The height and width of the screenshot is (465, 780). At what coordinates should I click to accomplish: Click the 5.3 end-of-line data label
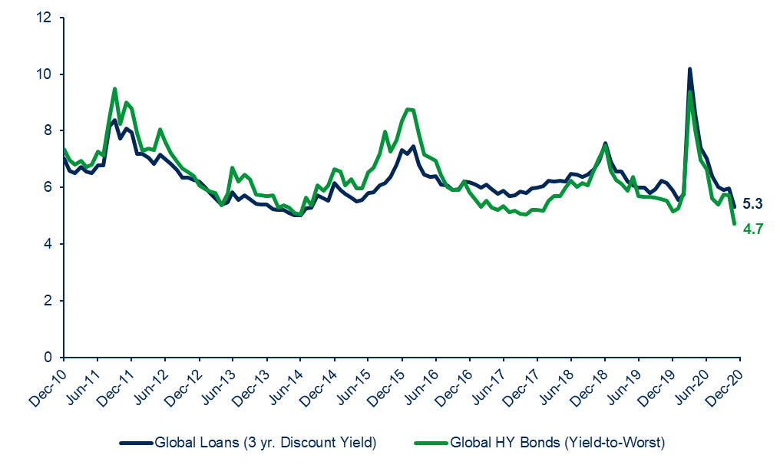click(752, 203)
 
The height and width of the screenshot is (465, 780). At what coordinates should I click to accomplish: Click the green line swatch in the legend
click(430, 443)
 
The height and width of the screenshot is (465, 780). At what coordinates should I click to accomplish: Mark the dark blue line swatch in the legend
click(136, 443)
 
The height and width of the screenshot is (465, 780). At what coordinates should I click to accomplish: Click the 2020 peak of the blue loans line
click(689, 68)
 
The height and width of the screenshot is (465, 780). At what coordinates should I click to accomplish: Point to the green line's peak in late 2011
click(114, 88)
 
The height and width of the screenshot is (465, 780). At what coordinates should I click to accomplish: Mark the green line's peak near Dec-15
click(410, 109)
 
